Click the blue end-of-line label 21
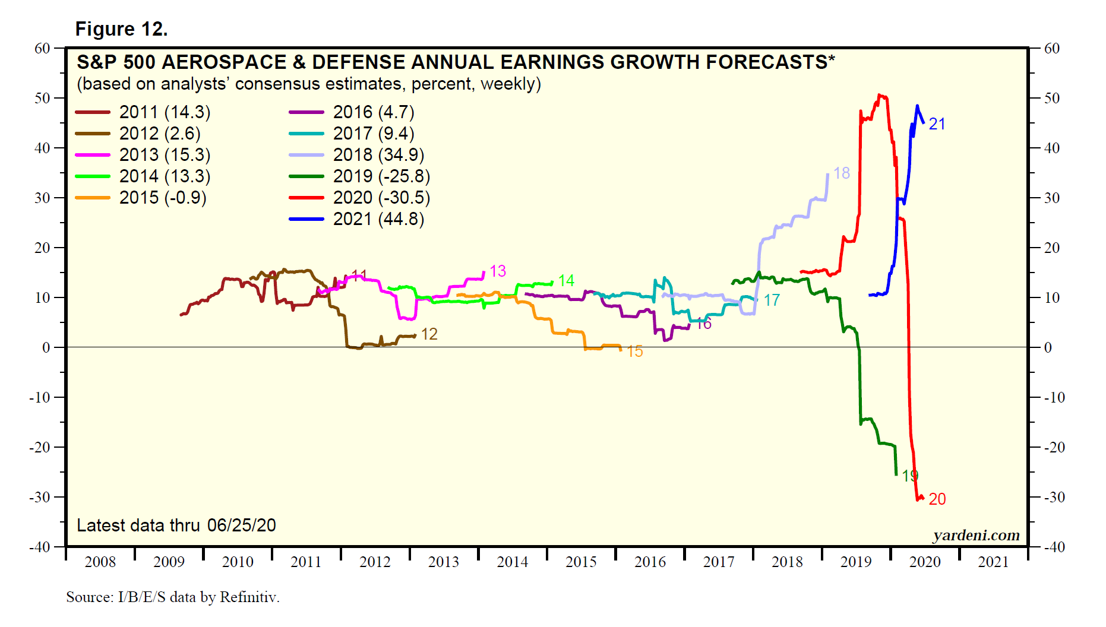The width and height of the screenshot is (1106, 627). point(937,124)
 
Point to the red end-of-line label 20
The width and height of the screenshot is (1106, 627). point(937,499)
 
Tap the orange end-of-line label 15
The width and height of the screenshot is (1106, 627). point(634,351)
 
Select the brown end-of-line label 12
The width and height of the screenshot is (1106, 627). point(429,334)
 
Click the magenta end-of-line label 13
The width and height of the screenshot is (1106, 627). point(497,271)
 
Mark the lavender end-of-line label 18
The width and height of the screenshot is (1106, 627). point(841,173)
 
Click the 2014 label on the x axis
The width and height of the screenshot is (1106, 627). point(512,562)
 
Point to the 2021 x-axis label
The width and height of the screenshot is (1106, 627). point(993,562)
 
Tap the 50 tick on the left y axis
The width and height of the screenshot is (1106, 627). point(42,98)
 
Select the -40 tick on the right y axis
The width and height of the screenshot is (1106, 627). point(1054,547)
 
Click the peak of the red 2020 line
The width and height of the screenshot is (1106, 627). point(880,95)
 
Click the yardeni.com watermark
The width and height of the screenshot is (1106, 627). point(976,536)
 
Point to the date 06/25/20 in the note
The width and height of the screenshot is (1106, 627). point(241,525)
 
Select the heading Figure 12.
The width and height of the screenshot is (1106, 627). point(121,29)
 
